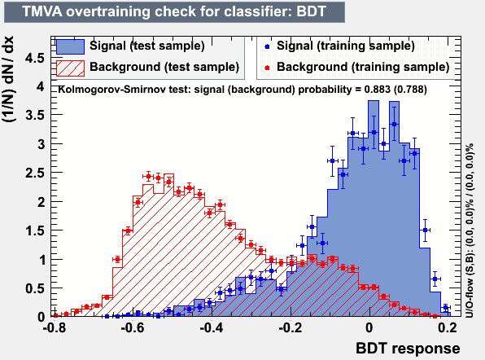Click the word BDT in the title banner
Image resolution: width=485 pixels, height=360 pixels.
coord(311,11)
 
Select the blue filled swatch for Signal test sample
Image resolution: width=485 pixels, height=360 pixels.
coord(71,46)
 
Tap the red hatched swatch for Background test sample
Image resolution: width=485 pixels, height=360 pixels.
coord(71,68)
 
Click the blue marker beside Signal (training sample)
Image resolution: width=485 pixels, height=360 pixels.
coord(267,46)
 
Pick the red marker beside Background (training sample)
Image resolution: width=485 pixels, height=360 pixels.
coord(267,68)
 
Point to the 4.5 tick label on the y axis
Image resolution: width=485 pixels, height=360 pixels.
coord(35,58)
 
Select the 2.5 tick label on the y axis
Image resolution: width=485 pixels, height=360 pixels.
coord(35,173)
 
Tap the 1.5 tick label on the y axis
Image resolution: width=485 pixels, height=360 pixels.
coord(35,230)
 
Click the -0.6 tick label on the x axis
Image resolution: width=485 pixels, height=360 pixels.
coord(133,327)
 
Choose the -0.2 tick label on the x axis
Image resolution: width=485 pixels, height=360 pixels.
coord(290,327)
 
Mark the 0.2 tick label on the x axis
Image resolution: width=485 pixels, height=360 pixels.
coord(448,327)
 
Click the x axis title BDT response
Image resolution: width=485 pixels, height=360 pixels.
coord(408,349)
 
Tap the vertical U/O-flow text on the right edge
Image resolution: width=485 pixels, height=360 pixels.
coord(470,230)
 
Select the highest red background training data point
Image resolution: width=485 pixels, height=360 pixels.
coord(148,177)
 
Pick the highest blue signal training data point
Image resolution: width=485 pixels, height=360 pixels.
coord(394,124)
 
